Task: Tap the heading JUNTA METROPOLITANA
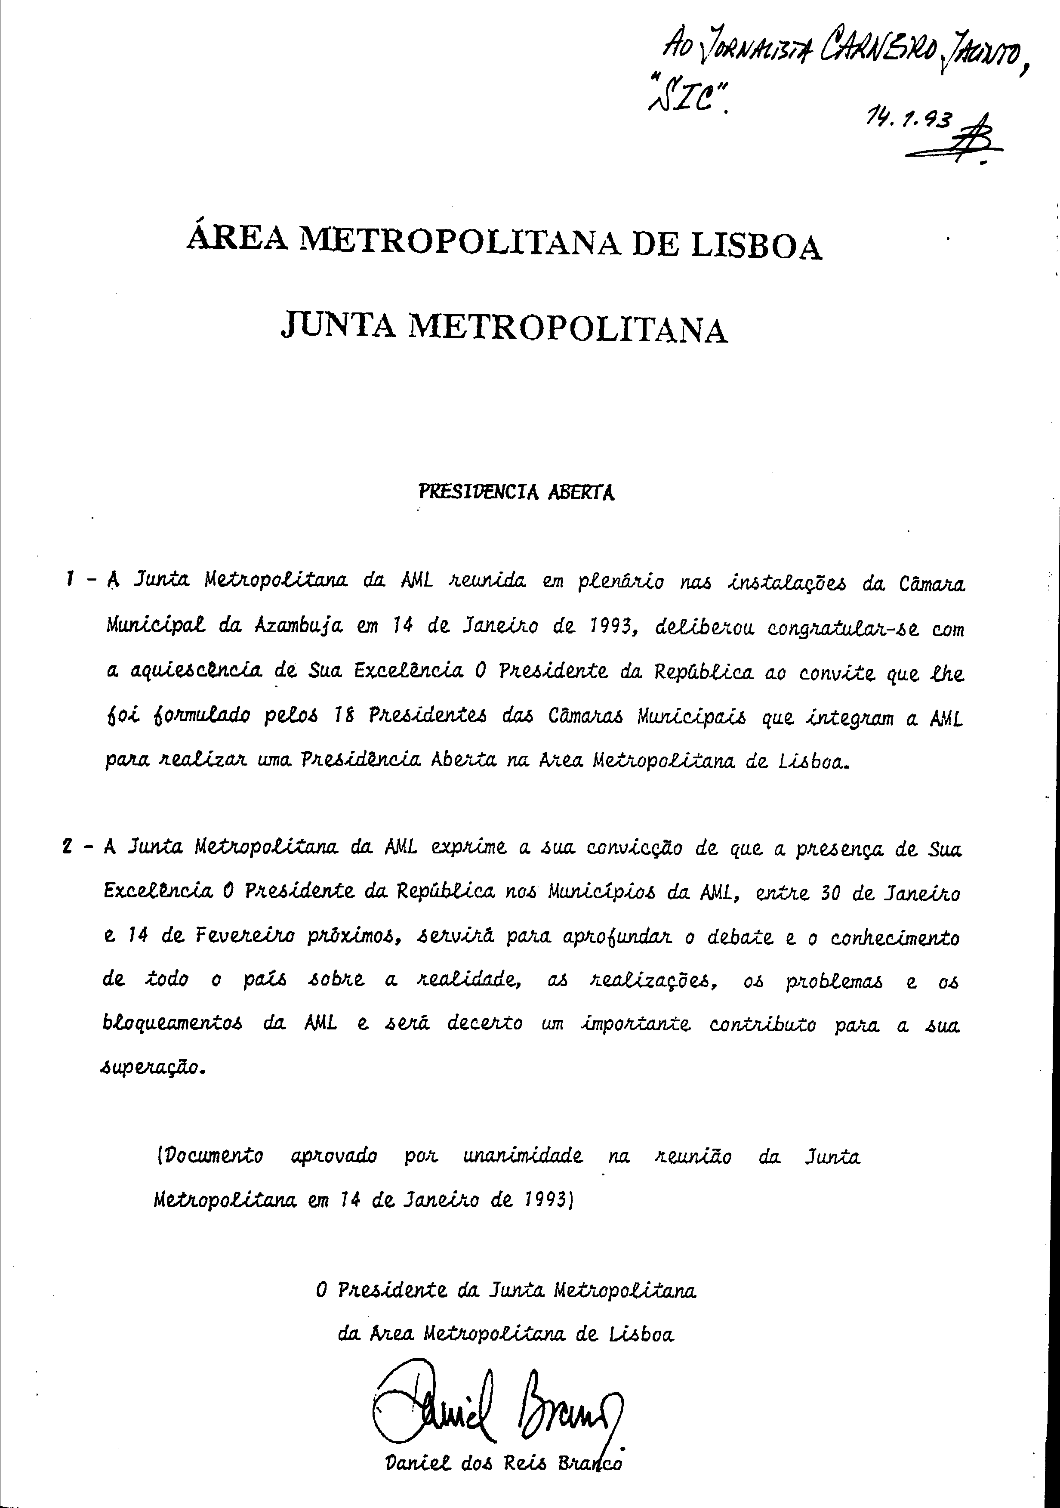(x=504, y=329)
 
